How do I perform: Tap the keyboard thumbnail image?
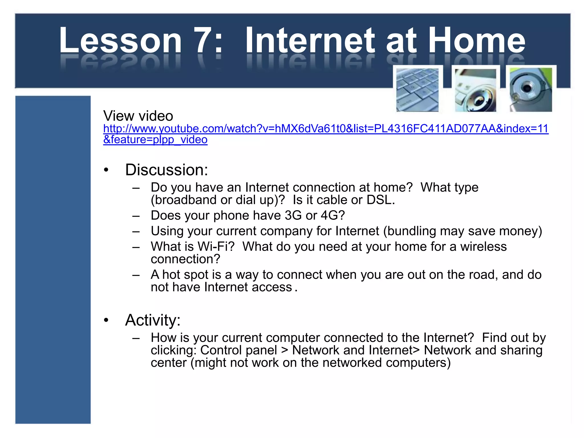[417, 90]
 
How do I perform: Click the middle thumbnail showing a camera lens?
[475, 90]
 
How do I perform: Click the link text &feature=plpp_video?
[155, 140]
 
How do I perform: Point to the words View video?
[138, 116]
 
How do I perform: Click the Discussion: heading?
[167, 170]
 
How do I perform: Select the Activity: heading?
[153, 320]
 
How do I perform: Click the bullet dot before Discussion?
[106, 170]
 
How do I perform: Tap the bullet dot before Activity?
[106, 320]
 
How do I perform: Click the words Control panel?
[238, 350]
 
